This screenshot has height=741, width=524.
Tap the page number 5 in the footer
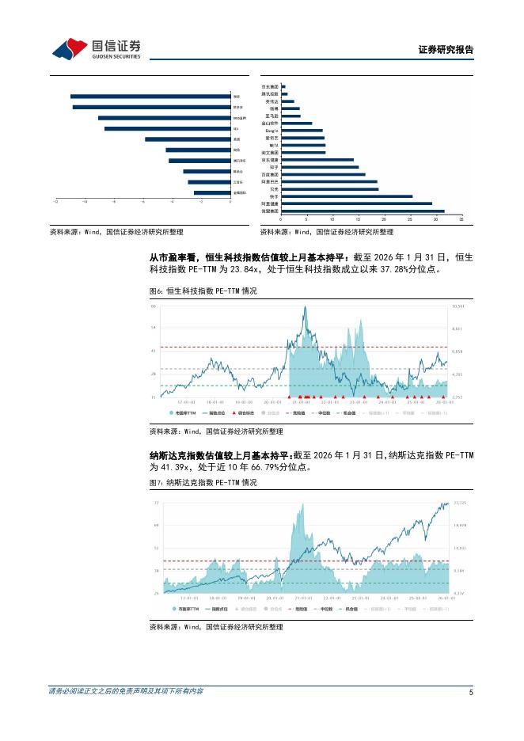coord(471,693)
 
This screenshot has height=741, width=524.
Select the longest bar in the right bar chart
coord(363,211)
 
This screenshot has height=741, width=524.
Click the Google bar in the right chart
coord(302,131)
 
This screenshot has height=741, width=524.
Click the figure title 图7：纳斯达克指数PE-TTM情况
coord(204,481)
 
